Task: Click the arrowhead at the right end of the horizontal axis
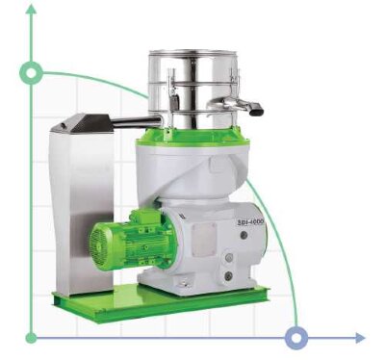point(361,338)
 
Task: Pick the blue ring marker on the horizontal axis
point(297,338)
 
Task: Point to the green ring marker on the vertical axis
point(32,72)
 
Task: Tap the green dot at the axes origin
point(32,338)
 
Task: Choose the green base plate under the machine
point(159,300)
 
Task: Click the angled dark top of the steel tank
point(82,122)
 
